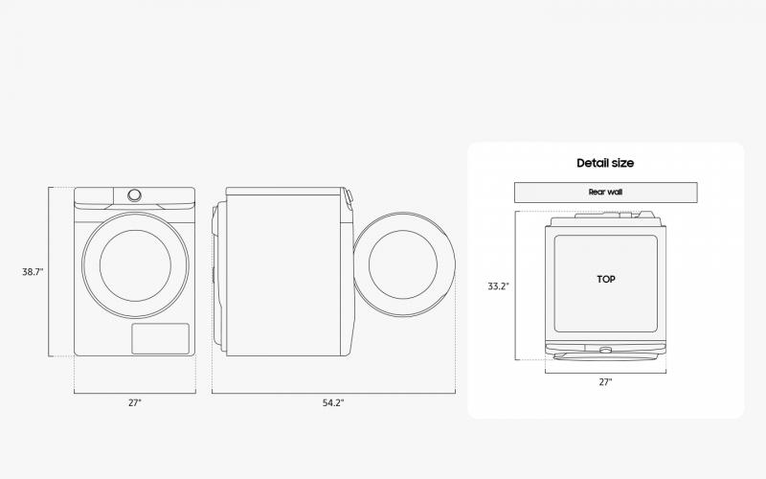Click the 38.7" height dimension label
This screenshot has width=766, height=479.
(x=33, y=272)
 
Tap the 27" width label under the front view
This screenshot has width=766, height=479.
(x=135, y=402)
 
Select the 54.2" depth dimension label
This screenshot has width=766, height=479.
(x=333, y=402)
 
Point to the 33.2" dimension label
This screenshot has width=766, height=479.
(x=498, y=285)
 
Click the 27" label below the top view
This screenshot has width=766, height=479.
(x=605, y=381)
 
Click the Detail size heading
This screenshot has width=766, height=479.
(x=605, y=163)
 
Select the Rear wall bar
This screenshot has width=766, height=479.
(x=606, y=193)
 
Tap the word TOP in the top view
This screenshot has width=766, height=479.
(x=606, y=279)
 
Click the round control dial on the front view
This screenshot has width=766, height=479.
(x=134, y=195)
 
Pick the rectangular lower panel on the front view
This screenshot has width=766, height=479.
(x=160, y=338)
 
